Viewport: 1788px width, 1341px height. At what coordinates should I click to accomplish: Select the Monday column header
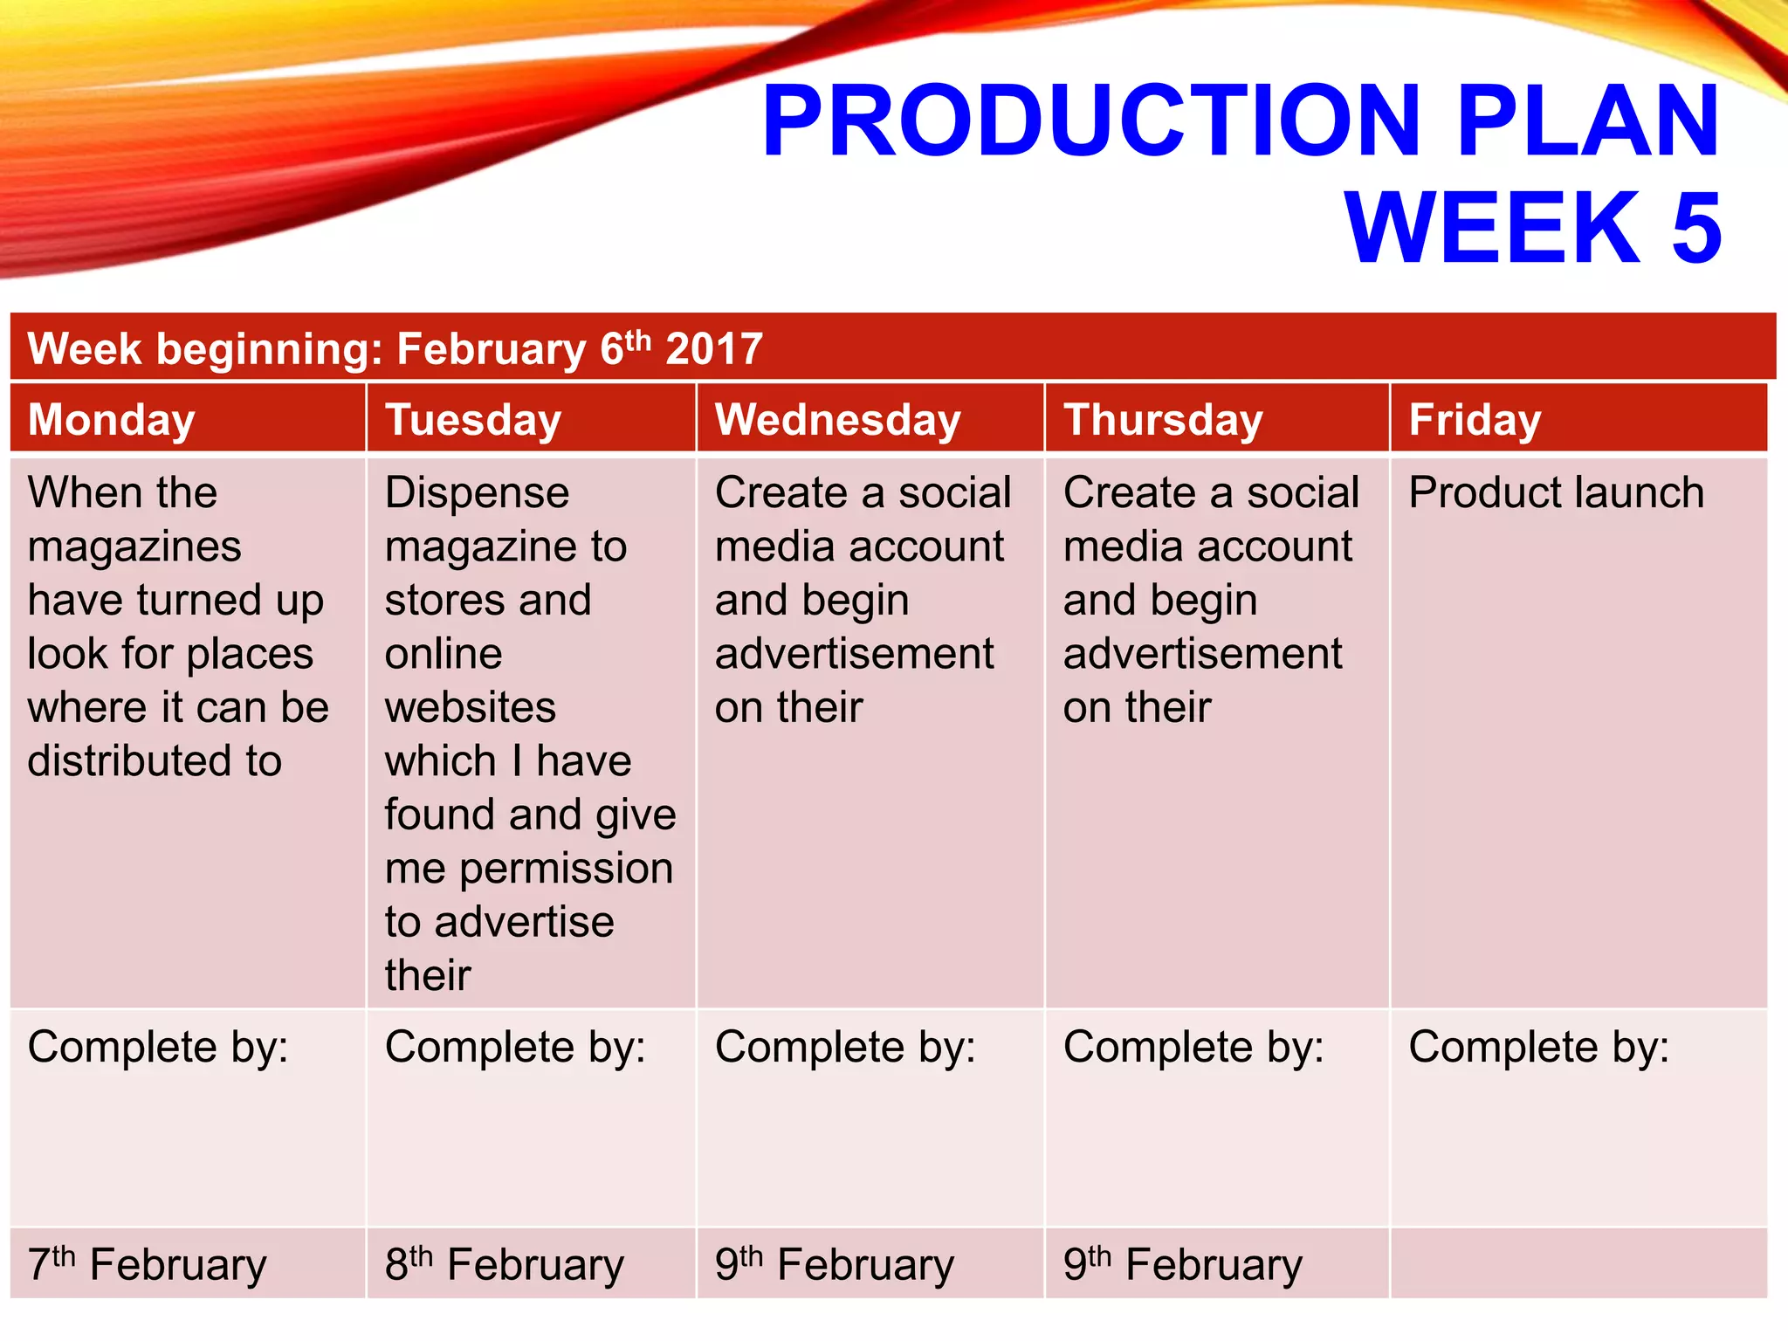112,419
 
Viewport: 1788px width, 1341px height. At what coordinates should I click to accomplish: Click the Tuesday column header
473,419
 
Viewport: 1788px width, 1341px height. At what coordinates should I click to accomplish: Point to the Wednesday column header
838,419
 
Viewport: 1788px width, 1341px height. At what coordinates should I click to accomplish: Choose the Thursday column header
1163,419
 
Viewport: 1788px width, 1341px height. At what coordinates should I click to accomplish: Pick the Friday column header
1475,419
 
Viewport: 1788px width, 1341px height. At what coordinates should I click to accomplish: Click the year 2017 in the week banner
714,349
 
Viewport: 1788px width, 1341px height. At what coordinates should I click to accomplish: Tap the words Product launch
1556,492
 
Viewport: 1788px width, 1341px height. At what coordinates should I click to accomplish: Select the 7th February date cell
147,1264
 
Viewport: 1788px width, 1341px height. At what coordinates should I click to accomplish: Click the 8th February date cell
505,1264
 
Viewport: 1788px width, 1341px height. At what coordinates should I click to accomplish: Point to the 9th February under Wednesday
835,1264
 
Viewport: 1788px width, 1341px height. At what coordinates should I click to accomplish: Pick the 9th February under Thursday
1182,1264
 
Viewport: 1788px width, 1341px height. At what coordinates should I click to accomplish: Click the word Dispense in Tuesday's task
478,492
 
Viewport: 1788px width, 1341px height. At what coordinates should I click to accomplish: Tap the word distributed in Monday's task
122,760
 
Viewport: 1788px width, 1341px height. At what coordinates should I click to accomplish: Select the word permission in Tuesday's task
566,869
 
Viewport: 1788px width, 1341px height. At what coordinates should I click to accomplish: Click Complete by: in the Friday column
1538,1047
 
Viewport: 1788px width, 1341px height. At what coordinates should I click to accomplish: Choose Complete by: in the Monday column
158,1047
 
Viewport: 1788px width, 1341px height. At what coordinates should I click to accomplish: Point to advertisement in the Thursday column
1202,654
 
